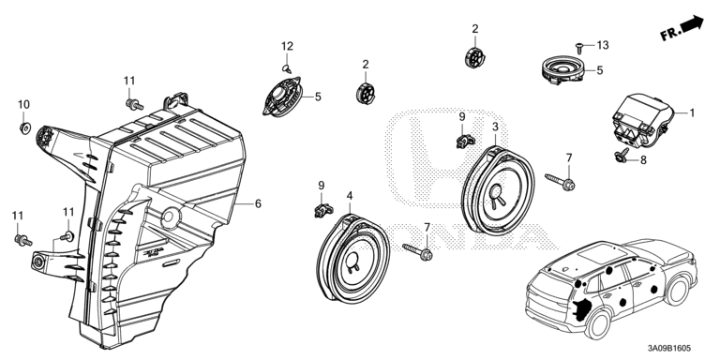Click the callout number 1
click(x=692, y=112)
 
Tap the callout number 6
click(x=258, y=203)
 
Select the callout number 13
click(x=603, y=45)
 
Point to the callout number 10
click(x=23, y=105)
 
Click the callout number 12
click(x=287, y=46)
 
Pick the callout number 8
click(x=643, y=160)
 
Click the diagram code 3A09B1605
click(x=669, y=349)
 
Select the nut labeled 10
click(x=24, y=127)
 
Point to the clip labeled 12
click(x=286, y=68)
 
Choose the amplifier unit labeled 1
click(x=641, y=121)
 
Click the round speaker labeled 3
click(x=498, y=189)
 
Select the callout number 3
click(x=495, y=127)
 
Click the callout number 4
click(x=350, y=196)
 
